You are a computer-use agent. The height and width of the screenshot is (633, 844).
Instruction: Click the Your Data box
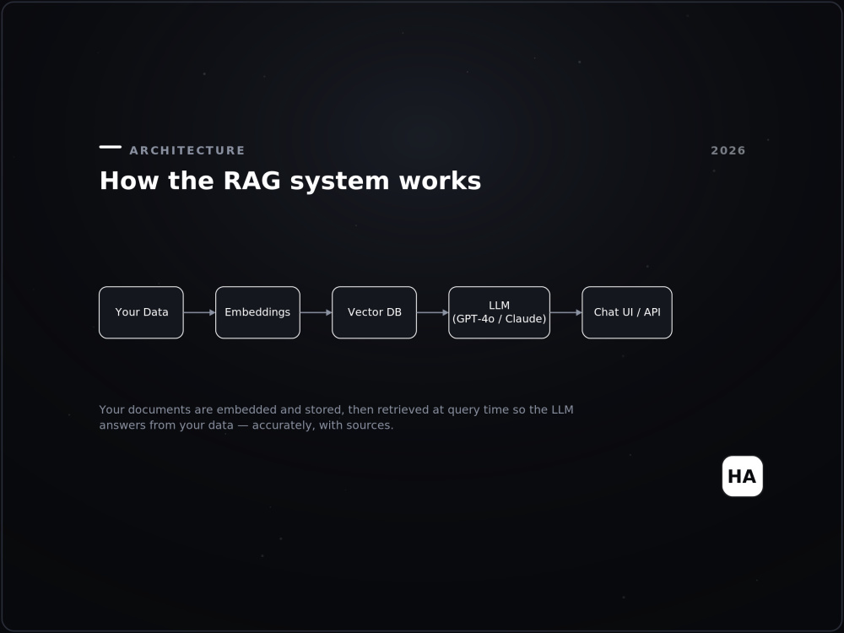[141, 312]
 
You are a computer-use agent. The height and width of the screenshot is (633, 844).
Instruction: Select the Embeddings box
[257, 312]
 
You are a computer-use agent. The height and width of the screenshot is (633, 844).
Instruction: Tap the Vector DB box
[374, 312]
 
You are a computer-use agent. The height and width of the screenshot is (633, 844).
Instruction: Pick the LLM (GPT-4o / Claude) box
[499, 312]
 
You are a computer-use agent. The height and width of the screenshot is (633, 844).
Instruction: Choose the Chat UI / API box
[627, 312]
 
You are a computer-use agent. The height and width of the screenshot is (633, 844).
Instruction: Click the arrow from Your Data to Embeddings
[200, 312]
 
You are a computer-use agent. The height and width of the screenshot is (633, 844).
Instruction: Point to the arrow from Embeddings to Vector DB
[316, 312]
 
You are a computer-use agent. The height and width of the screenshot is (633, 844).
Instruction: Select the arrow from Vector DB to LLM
[433, 312]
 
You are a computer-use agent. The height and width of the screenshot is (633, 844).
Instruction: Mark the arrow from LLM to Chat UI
[566, 312]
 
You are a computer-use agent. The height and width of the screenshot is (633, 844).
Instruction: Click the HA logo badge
[742, 476]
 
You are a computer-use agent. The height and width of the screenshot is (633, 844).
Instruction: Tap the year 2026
[728, 151]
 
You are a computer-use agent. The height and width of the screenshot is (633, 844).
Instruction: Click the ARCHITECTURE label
[187, 151]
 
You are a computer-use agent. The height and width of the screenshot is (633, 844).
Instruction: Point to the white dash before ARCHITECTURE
[111, 146]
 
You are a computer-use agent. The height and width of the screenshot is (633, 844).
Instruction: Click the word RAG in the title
[252, 181]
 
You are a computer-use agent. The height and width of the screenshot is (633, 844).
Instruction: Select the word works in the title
[440, 181]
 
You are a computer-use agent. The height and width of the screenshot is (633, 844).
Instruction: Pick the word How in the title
[129, 181]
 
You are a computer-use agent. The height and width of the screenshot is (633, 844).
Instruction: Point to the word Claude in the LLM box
[524, 319]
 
